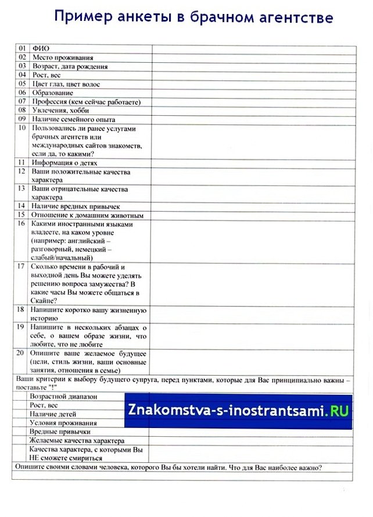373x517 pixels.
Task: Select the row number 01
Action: [x=22, y=49]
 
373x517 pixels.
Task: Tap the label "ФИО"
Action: [x=41, y=49]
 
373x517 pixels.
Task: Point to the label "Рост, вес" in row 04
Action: [x=46, y=75]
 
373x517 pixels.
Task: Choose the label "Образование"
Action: [x=52, y=92]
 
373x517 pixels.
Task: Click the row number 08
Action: [x=22, y=110]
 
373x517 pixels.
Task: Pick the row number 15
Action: [x=22, y=215]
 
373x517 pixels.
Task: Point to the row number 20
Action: [x=21, y=354]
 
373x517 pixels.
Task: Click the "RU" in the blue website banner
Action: [x=339, y=411]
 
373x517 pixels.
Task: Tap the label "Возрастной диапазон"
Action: [x=63, y=397]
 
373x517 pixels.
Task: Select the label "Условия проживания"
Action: [x=63, y=423]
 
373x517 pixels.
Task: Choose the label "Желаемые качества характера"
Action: [x=77, y=441]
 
